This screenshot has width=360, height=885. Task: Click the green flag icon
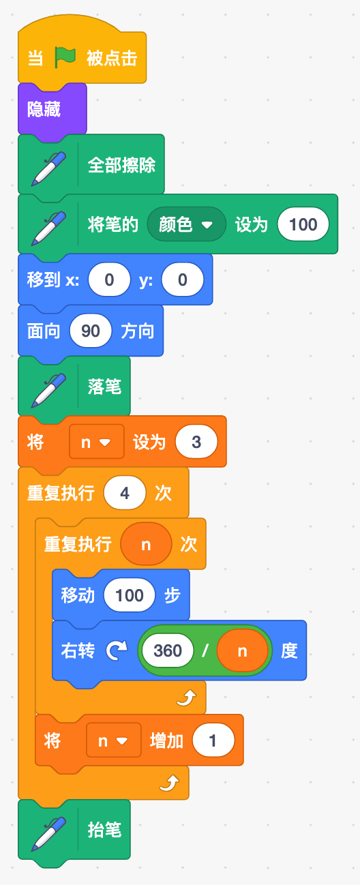(x=65, y=57)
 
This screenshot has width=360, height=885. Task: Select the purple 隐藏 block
(x=52, y=109)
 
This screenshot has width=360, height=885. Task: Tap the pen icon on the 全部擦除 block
(x=49, y=168)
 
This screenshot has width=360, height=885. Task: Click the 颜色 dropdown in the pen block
(x=186, y=224)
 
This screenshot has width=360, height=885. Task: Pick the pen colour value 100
(x=303, y=224)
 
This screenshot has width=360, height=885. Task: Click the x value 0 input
(x=109, y=280)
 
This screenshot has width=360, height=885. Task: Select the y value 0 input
(x=183, y=280)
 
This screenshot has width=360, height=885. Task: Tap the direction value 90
(x=91, y=331)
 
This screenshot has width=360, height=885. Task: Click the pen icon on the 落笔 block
(x=49, y=391)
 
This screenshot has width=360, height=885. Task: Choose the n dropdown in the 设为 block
(x=96, y=442)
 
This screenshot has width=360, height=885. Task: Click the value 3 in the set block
(x=196, y=442)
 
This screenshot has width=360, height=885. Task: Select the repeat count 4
(x=125, y=493)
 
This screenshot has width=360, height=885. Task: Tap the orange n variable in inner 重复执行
(x=146, y=545)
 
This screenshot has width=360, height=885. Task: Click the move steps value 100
(x=130, y=595)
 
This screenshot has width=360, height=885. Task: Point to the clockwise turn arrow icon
(x=117, y=650)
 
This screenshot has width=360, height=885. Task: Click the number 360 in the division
(x=168, y=650)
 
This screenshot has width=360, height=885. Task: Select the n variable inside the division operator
(x=242, y=650)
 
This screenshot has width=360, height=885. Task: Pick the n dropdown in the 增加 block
(x=113, y=740)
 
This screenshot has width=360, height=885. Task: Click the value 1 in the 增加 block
(x=213, y=740)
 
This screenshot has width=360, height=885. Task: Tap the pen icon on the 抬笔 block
(x=49, y=834)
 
